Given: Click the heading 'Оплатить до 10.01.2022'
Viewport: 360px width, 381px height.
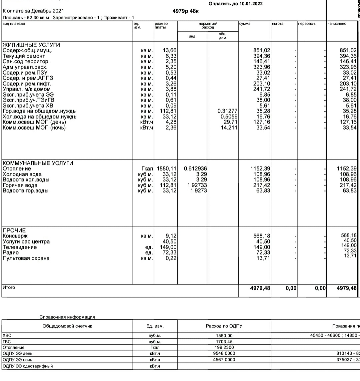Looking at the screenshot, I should [235, 4].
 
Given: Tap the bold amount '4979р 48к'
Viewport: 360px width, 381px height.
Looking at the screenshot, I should [186, 11].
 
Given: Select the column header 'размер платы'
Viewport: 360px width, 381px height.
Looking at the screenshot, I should [161, 25].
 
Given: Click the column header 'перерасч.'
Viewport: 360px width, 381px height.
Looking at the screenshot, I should [306, 24].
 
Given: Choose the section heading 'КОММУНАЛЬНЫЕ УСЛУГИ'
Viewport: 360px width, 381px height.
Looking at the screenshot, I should [38, 163].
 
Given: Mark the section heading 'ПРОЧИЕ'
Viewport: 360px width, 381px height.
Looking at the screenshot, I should [14, 230].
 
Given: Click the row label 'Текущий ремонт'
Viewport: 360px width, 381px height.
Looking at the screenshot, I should [24, 56].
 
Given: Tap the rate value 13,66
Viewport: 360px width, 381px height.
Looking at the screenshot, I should [169, 51].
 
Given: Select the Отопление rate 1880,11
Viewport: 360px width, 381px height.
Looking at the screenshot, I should [166, 169].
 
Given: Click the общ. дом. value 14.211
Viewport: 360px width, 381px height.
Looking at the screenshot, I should [229, 128].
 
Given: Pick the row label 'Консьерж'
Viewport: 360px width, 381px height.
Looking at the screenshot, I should [15, 236].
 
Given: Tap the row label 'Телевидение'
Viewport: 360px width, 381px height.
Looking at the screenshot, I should [20, 247].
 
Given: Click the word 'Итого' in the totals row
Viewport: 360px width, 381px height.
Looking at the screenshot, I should [9, 287].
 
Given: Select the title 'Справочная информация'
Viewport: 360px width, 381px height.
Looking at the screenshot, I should [67, 317].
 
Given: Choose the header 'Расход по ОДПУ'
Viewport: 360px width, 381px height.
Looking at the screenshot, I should [224, 326].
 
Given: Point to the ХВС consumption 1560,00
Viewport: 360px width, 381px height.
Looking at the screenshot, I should [224, 336].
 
